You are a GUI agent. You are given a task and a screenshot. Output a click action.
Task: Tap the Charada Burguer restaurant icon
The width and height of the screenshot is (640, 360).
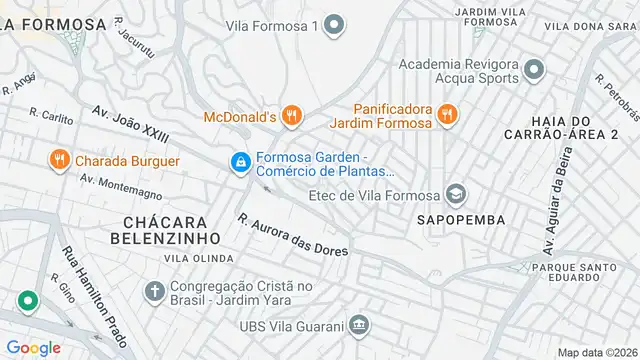point(60,160)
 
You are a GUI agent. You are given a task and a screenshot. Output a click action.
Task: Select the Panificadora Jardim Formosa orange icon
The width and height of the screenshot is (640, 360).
point(447,116)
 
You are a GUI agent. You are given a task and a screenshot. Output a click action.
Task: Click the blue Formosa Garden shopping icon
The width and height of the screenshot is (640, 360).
point(240,161)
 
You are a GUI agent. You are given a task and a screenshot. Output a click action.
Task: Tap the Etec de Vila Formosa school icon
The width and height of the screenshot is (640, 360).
point(456,193)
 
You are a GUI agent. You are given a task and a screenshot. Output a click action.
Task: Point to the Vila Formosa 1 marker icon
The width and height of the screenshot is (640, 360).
point(336,25)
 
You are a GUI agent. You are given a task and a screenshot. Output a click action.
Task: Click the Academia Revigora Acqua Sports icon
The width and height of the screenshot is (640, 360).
point(534,70)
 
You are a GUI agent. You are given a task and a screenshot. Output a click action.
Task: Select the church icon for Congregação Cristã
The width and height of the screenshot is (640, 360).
point(154,292)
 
